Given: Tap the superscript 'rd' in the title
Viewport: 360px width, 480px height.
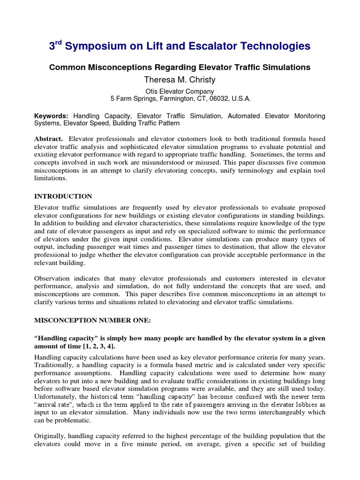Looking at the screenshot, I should coord(59,42).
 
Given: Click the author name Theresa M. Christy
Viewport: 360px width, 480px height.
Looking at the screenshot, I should coord(180,80).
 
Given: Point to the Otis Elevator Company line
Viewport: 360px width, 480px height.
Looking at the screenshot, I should coord(180,91).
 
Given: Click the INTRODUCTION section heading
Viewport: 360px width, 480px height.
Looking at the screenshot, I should coord(63,196).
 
